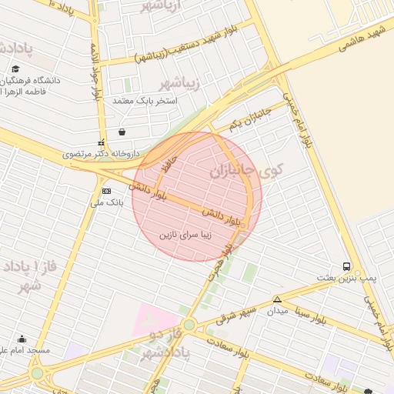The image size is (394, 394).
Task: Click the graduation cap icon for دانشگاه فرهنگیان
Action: (x=15, y=68)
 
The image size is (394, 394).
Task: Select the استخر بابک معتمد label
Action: (x=145, y=101)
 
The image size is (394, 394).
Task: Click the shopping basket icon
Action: (x=122, y=132)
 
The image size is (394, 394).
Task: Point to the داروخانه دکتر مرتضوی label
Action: (x=102, y=154)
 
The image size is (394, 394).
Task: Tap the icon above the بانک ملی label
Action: (x=106, y=191)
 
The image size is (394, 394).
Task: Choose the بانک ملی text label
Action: (x=107, y=203)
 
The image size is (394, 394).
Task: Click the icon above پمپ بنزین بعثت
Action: (x=346, y=265)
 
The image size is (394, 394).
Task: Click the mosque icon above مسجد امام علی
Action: (x=22, y=339)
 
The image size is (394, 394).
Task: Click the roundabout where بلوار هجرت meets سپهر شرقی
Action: (x=189, y=325)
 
